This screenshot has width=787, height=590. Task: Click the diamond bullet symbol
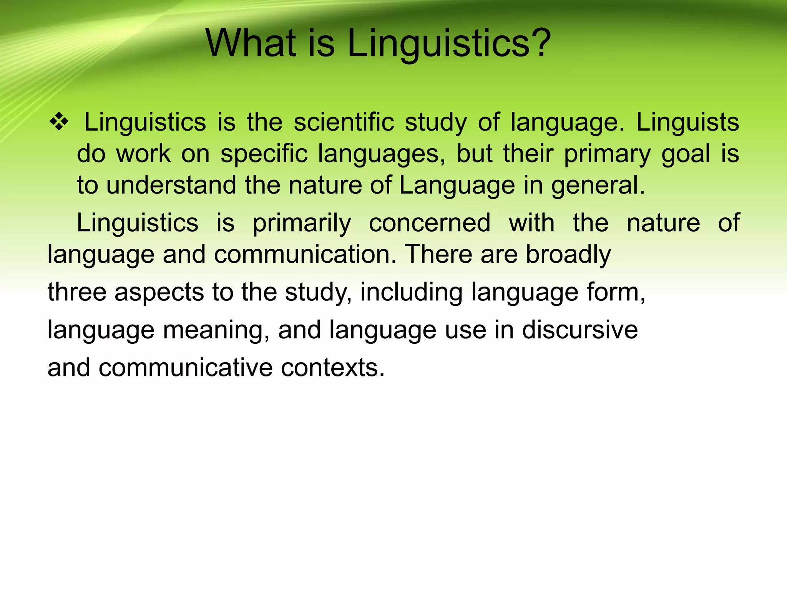pos(59,123)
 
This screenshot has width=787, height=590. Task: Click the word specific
pos(264,154)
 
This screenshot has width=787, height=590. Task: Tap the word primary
pos(607,154)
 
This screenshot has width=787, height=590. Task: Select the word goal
pos(686,154)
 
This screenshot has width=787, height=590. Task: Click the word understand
pos(171,185)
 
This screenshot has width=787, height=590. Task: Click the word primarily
pos(302,223)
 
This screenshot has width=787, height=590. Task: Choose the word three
pos(77,292)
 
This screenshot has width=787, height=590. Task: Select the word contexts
pos(333,368)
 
